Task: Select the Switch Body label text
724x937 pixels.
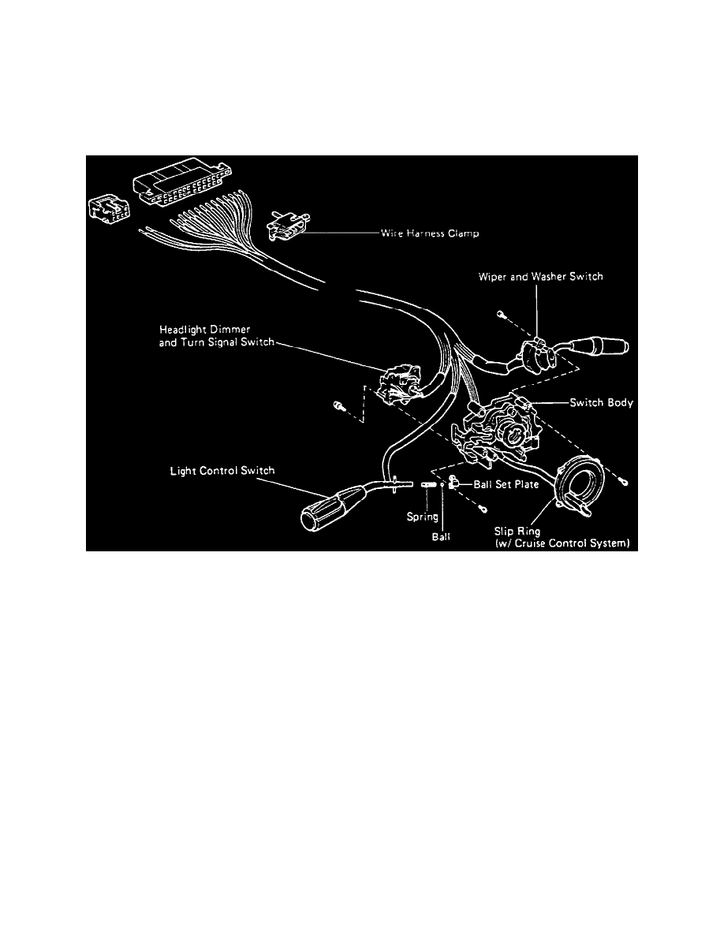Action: (602, 402)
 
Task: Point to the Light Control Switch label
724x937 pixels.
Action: (222, 471)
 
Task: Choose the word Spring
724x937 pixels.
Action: (422, 517)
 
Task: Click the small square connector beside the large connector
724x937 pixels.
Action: (110, 209)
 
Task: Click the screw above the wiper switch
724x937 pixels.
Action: (500, 315)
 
